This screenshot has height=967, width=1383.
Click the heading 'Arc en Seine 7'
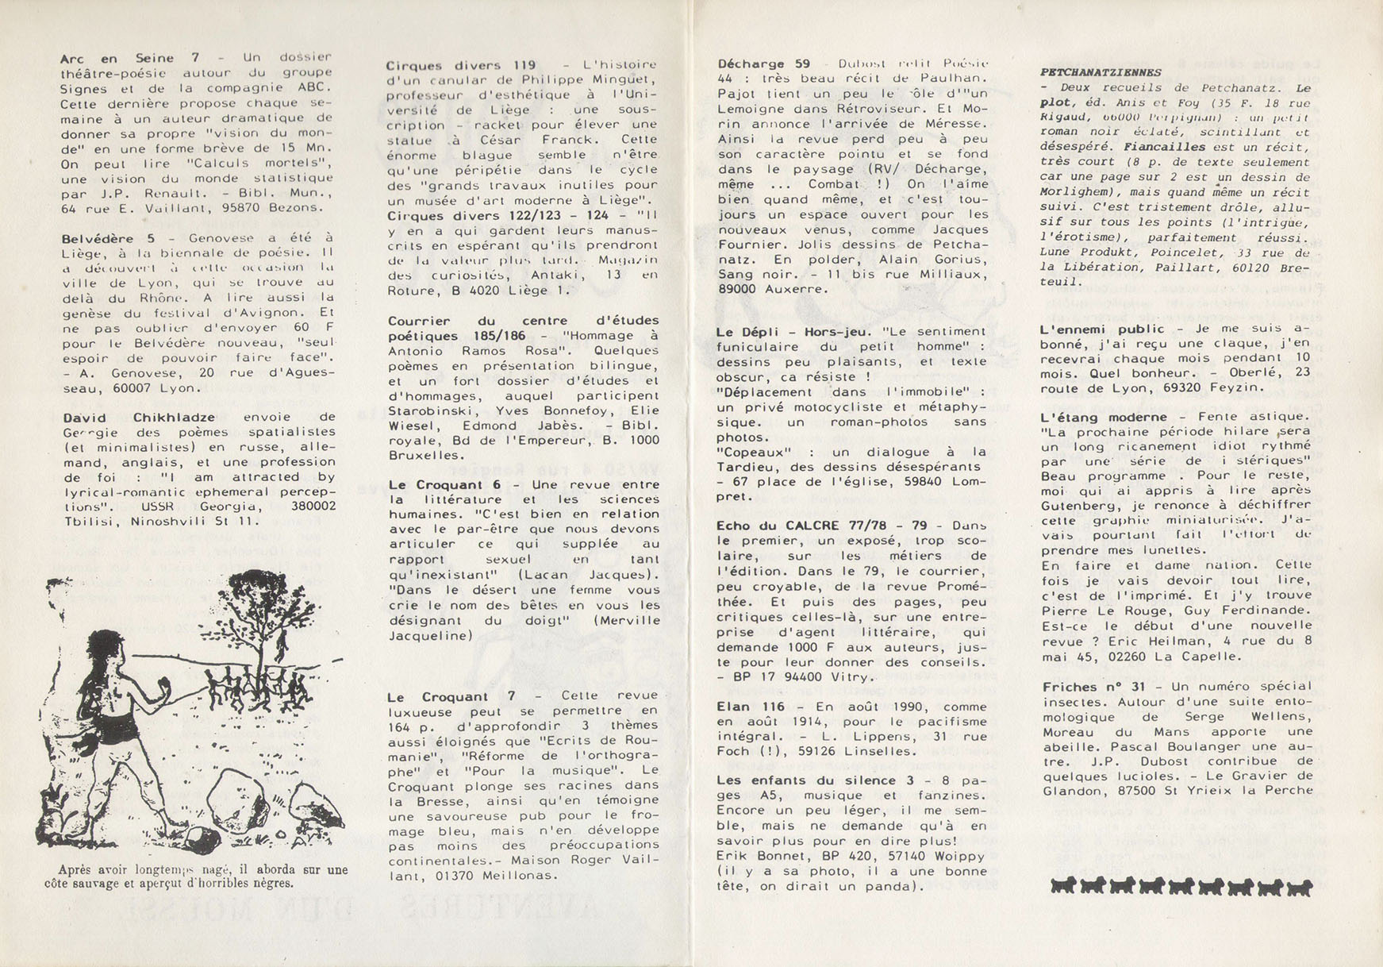tap(129, 59)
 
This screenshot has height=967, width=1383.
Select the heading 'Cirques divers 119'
tap(461, 65)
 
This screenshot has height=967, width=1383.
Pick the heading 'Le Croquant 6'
tap(444, 484)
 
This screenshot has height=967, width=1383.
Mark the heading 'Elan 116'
tap(750, 707)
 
